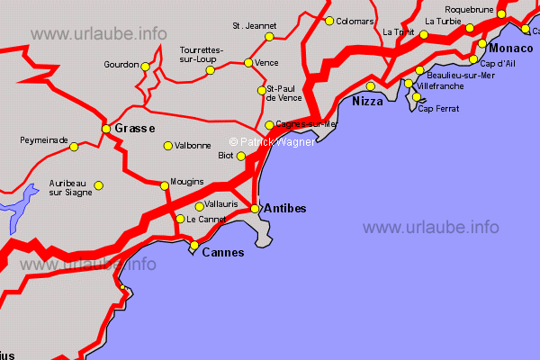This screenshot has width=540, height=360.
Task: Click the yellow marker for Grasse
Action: pyautogui.click(x=106, y=129)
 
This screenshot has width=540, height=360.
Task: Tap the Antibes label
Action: pyautogui.click(x=283, y=209)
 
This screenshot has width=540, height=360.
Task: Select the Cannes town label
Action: pyautogui.click(x=222, y=253)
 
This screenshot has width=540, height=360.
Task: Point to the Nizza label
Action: pyautogui.click(x=367, y=102)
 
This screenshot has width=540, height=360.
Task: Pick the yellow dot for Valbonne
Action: pyautogui.click(x=167, y=146)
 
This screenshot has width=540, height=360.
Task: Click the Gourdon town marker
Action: pyautogui.click(x=146, y=66)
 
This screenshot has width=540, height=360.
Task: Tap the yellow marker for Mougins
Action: pyautogui.click(x=164, y=185)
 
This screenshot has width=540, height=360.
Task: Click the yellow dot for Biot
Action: pyautogui.click(x=240, y=156)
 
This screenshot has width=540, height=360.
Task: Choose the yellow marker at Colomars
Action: pyautogui.click(x=329, y=21)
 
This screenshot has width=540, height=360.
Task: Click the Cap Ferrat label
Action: pyautogui.click(x=438, y=109)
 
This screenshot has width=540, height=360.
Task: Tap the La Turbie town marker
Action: pyautogui.click(x=424, y=35)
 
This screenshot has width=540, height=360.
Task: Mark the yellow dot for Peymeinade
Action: pyautogui.click(x=74, y=146)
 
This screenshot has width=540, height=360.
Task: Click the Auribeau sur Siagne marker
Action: pyautogui.click(x=99, y=185)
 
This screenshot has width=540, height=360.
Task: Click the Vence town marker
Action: pyautogui.click(x=248, y=63)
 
